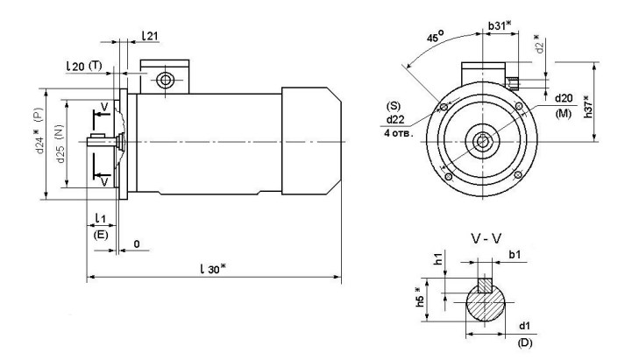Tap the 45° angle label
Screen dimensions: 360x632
434,36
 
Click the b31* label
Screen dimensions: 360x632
501,26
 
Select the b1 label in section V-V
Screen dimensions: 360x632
515,255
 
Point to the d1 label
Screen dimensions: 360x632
527,326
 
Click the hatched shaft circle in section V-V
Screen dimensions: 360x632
483,303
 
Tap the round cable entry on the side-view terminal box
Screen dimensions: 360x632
163,81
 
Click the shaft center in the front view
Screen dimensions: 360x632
481,140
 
